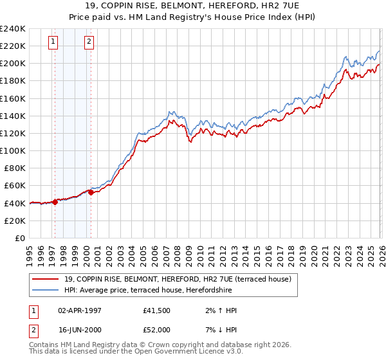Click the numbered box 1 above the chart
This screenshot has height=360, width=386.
pyautogui.click(x=52, y=42)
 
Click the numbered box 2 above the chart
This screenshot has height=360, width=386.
pyautogui.click(x=88, y=42)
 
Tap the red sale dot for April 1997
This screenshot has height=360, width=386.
pyautogui.click(x=55, y=201)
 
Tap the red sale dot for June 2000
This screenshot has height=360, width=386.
pyautogui.click(x=91, y=192)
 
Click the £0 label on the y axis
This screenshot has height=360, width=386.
pyautogui.click(x=20, y=238)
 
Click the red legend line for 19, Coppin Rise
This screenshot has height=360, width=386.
pyautogui.click(x=46, y=279)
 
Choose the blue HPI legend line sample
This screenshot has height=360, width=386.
pyautogui.click(x=46, y=290)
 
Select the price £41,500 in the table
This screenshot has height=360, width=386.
pyautogui.click(x=156, y=310)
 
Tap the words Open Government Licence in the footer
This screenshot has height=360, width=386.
pyautogui.click(x=167, y=352)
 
